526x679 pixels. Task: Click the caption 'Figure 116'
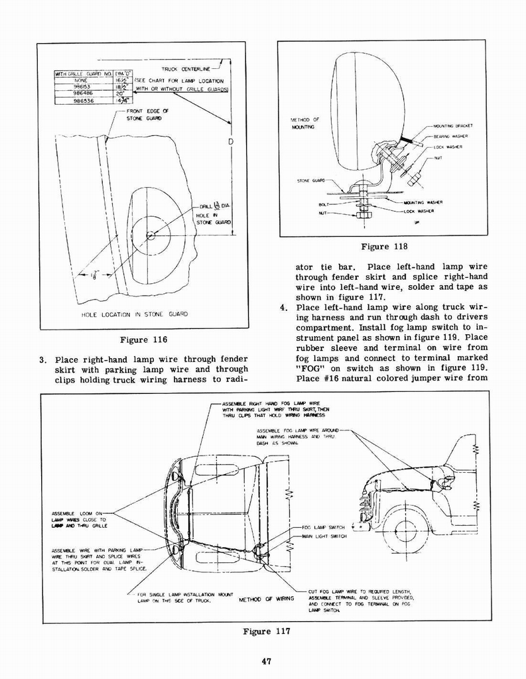pyautogui.click(x=143, y=340)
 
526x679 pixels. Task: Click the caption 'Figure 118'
pyautogui.click(x=384, y=247)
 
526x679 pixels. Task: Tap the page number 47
pyautogui.click(x=264, y=660)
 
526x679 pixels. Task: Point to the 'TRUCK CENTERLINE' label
pyautogui.click(x=185, y=68)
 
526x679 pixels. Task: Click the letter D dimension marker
pyautogui.click(x=230, y=143)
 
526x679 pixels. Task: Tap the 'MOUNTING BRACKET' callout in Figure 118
pyautogui.click(x=453, y=125)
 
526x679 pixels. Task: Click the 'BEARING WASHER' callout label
pyautogui.click(x=451, y=136)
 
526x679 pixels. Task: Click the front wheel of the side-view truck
pyautogui.click(x=405, y=530)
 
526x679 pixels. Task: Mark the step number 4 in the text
pyautogui.click(x=283, y=308)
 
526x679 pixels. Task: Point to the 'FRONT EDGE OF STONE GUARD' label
pyautogui.click(x=147, y=115)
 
